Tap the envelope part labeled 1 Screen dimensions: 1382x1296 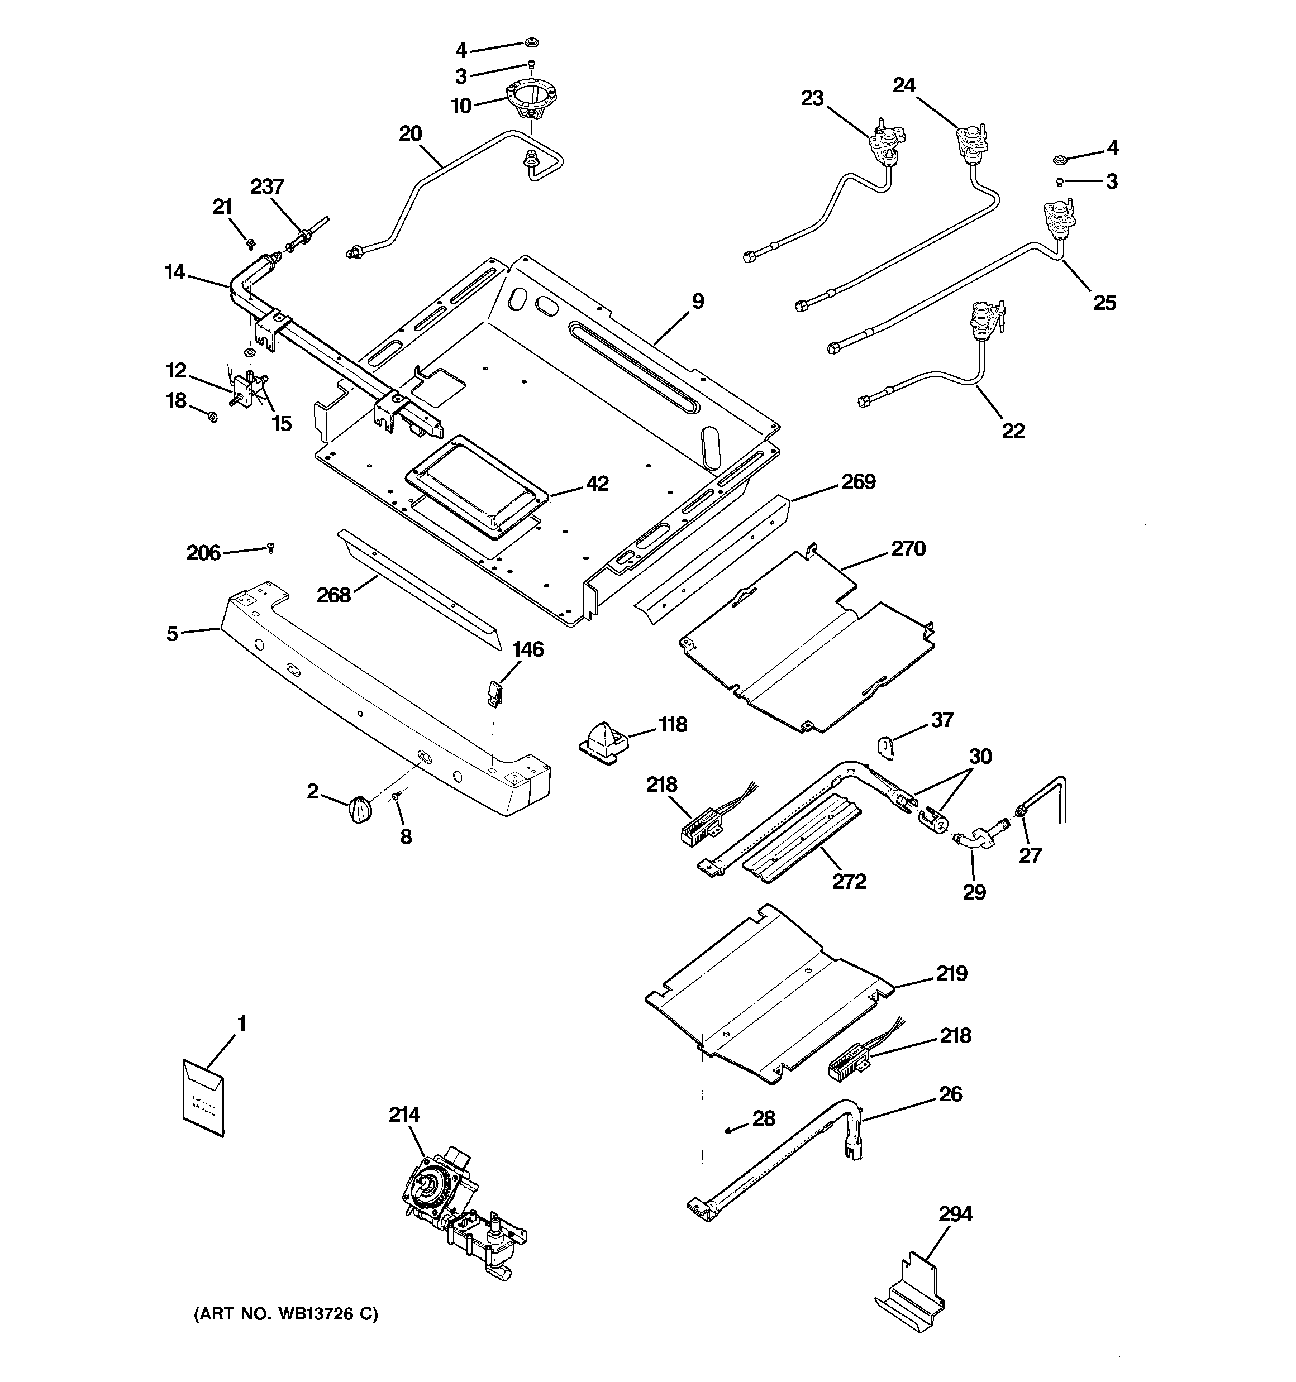203,1098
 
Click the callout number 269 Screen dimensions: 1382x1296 859,482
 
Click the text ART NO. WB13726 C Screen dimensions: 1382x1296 285,1314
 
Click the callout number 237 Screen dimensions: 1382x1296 267,187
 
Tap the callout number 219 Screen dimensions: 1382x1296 951,973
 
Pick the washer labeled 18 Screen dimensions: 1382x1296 213,417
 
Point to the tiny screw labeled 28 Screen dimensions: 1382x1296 728,1130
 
